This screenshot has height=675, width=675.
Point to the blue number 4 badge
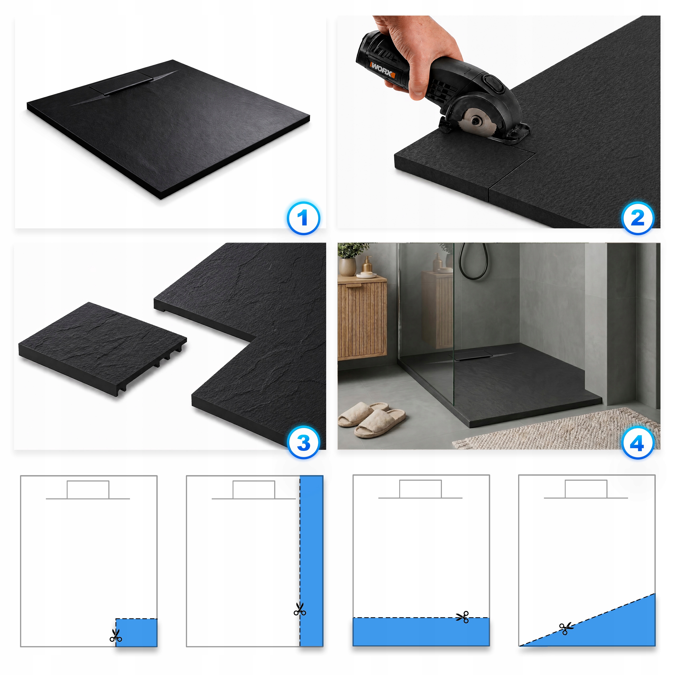coord(638,443)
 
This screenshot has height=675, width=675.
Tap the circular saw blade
coord(475,120)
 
